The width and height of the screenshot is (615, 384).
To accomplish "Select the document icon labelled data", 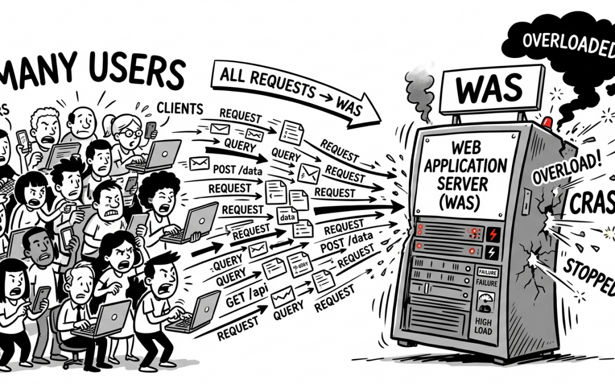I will pyautogui.click(x=287, y=215).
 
